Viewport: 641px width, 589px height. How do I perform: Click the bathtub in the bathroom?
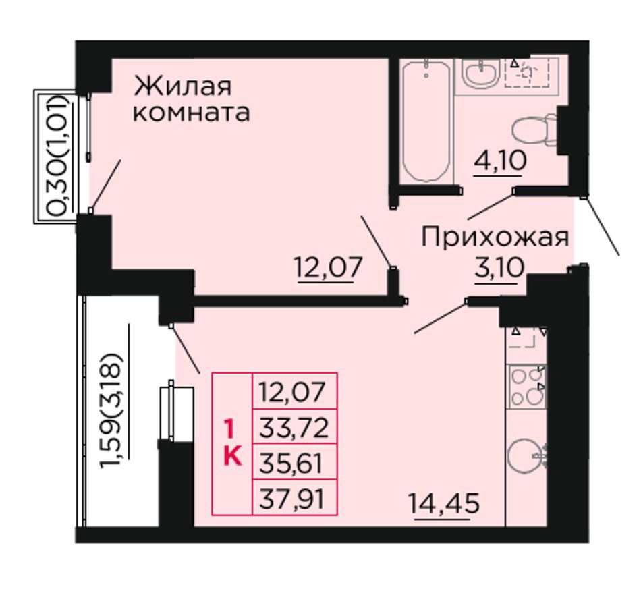click(426, 121)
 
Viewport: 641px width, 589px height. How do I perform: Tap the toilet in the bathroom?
click(534, 130)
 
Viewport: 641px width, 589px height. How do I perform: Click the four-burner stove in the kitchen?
click(527, 387)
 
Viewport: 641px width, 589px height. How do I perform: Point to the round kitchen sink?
click(528, 456)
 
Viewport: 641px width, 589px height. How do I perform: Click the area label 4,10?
click(500, 161)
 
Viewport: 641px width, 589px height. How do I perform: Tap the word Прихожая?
click(495, 238)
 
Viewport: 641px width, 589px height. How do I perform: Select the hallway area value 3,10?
click(499, 268)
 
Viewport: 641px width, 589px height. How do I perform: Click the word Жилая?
click(183, 86)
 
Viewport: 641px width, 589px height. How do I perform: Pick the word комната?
click(192, 113)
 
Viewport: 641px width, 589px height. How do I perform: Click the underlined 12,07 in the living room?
click(329, 267)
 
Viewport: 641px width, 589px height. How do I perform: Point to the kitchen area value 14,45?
click(444, 503)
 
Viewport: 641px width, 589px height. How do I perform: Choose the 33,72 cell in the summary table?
click(294, 428)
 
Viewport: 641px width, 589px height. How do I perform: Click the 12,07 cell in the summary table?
click(294, 391)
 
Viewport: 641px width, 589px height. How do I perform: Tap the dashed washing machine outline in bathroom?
click(532, 73)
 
